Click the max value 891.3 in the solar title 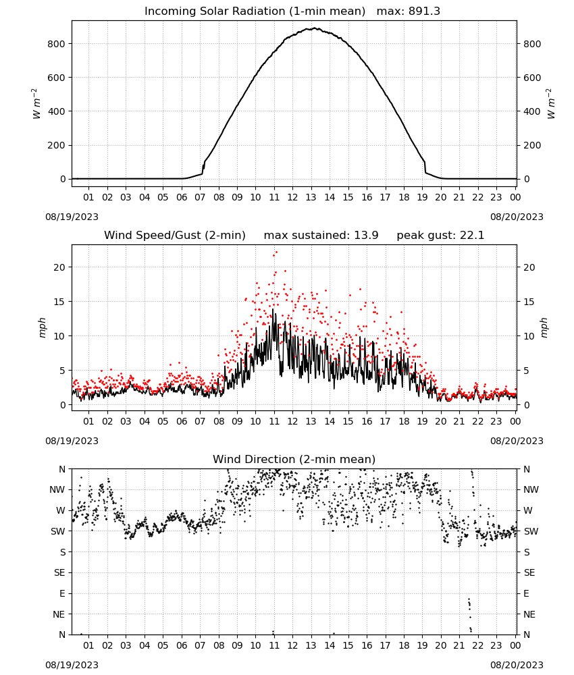click(x=424, y=11)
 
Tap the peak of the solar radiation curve click(x=314, y=28)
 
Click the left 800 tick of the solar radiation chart click(x=57, y=44)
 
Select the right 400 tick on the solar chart click(x=532, y=111)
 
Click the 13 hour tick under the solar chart click(x=311, y=197)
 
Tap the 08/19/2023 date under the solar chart click(x=72, y=217)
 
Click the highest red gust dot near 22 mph click(x=276, y=252)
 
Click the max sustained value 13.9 click(x=366, y=236)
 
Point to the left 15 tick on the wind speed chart click(x=59, y=302)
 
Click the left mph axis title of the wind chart click(x=42, y=327)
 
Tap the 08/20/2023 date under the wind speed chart click(x=517, y=441)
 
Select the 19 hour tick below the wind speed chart click(x=422, y=421)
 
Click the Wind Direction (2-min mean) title click(x=294, y=459)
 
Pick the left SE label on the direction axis click(x=59, y=572)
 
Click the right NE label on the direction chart click(x=529, y=614)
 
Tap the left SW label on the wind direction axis click(x=57, y=531)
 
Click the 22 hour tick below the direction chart click(x=477, y=645)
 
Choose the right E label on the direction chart click(x=526, y=593)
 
